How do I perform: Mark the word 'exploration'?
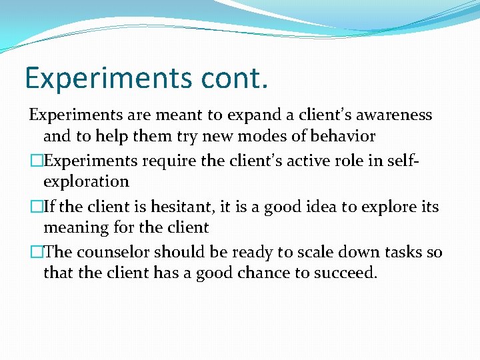coord(86,181)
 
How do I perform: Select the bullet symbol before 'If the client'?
coord(35,207)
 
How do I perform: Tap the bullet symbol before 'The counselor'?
coord(35,253)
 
